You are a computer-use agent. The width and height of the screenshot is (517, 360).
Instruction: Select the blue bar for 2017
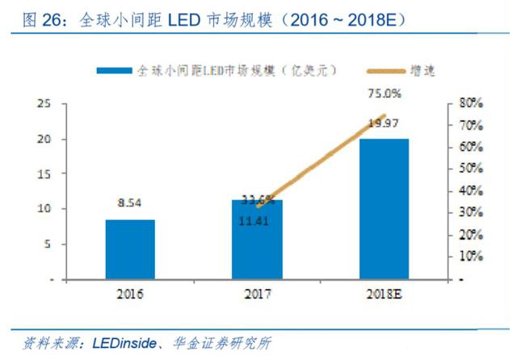[257, 239]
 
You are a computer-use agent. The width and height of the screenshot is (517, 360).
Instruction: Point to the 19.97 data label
[384, 123]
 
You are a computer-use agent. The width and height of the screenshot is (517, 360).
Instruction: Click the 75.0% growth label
[385, 94]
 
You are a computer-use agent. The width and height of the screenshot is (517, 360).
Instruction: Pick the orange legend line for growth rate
[376, 71]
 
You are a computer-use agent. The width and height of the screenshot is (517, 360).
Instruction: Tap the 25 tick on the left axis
[46, 104]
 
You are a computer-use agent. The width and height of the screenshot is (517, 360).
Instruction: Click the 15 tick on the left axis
[46, 174]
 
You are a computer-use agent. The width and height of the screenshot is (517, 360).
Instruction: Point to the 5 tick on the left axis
[49, 244]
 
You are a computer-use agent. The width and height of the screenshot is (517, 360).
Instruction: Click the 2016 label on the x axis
[130, 295]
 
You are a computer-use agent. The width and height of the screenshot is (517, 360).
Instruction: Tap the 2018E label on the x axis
[384, 295]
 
